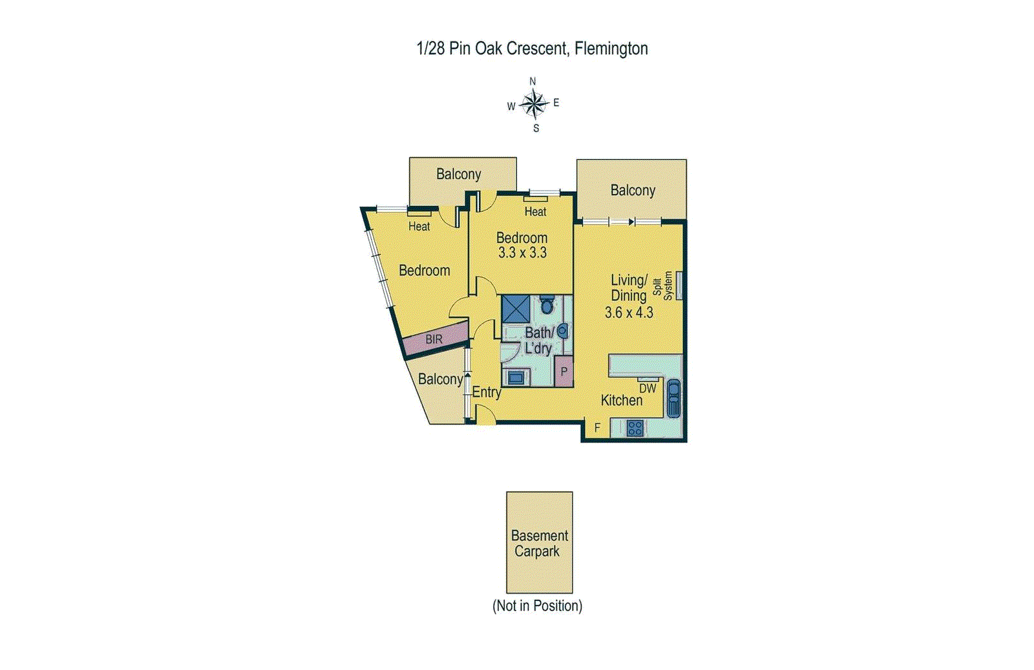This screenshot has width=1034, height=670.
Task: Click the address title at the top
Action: click(x=532, y=48)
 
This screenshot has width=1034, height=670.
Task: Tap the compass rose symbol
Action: click(x=534, y=104)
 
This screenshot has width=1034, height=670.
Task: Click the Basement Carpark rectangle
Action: click(x=539, y=542)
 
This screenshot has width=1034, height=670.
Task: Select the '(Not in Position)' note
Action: click(x=537, y=606)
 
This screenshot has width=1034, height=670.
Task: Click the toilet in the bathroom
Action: click(x=547, y=305)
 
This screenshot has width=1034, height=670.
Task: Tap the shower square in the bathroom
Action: click(x=516, y=309)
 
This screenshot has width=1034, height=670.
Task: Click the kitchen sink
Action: click(x=673, y=398)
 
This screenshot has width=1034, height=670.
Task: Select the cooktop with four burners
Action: click(x=635, y=428)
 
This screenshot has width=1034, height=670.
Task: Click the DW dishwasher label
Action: click(x=648, y=388)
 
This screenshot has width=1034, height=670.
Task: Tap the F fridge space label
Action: click(x=597, y=428)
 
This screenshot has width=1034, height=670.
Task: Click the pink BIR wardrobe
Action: click(x=435, y=339)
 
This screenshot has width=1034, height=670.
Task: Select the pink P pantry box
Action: click(x=564, y=372)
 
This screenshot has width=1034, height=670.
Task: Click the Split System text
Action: click(x=662, y=286)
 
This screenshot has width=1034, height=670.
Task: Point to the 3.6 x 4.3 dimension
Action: click(x=629, y=313)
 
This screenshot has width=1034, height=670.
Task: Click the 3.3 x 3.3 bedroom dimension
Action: click(x=522, y=253)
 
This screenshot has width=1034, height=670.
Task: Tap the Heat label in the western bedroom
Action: click(x=419, y=226)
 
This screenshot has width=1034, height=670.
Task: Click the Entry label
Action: click(x=486, y=392)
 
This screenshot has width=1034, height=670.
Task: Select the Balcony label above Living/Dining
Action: click(x=633, y=191)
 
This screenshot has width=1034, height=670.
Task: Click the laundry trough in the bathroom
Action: click(x=516, y=377)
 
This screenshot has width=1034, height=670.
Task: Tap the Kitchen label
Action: click(x=622, y=401)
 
